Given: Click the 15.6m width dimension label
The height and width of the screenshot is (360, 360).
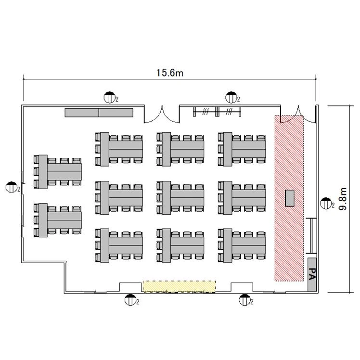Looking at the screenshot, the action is point(170,73).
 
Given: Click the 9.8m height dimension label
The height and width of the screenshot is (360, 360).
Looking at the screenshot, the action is point(343,199).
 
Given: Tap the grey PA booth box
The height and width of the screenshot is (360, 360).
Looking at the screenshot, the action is point(312,275).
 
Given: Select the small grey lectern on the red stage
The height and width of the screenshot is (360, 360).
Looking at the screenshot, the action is point(290,198).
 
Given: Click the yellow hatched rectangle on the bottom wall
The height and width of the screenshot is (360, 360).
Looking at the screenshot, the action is point(179,286).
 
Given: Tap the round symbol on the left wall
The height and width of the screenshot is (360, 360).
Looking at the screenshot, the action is point(12,187).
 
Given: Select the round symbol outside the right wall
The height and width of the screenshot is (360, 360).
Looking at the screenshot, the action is point(326,203).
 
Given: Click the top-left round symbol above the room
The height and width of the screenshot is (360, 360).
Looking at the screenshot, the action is point(110,97).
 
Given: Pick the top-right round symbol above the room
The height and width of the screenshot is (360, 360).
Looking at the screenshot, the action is point(231,97).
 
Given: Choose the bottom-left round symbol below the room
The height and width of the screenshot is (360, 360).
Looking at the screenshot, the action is point(130,300).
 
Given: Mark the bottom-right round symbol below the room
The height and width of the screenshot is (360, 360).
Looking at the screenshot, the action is point(244,300).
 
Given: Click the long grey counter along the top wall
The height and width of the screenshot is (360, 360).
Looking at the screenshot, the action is point(99,113).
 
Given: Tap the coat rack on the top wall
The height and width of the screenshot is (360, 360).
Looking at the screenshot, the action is point(217,112).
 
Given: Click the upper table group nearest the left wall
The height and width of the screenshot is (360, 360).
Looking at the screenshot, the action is point(58,172).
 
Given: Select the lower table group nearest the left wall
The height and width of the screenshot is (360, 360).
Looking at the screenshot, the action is point(58,220).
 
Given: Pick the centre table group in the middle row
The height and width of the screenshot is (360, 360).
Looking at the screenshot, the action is point(180,198).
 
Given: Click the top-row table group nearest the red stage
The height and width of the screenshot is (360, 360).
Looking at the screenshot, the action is point(242,149).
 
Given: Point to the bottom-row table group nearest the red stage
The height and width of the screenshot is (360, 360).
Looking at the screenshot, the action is point(242,245).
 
